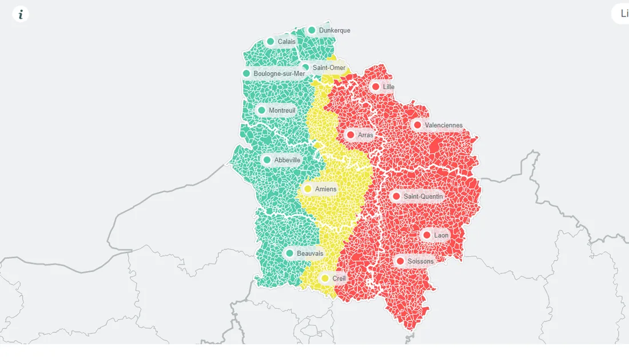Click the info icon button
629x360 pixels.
pos(21,14)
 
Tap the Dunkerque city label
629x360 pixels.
pos(335,30)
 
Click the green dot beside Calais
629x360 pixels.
pos(270,41)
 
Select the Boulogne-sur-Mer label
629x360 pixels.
pos(279,74)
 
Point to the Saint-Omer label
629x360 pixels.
pos(329,67)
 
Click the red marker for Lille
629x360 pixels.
pos(376,87)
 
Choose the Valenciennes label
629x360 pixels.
pos(444,125)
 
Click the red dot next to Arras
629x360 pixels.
pos(351,135)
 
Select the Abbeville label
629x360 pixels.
pos(287,160)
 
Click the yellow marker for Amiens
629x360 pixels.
pos(308,189)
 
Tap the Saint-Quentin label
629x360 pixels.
pos(423,197)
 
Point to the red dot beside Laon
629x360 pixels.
pos(427,235)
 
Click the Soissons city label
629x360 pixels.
pos(420,261)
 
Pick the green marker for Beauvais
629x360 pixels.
pos(289,253)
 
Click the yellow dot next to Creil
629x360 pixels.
pos(325,278)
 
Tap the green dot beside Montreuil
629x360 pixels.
pos(262,110)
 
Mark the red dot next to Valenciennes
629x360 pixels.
pos(417,125)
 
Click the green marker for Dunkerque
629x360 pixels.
pos(312,30)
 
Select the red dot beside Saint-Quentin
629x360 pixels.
pos(396,197)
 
